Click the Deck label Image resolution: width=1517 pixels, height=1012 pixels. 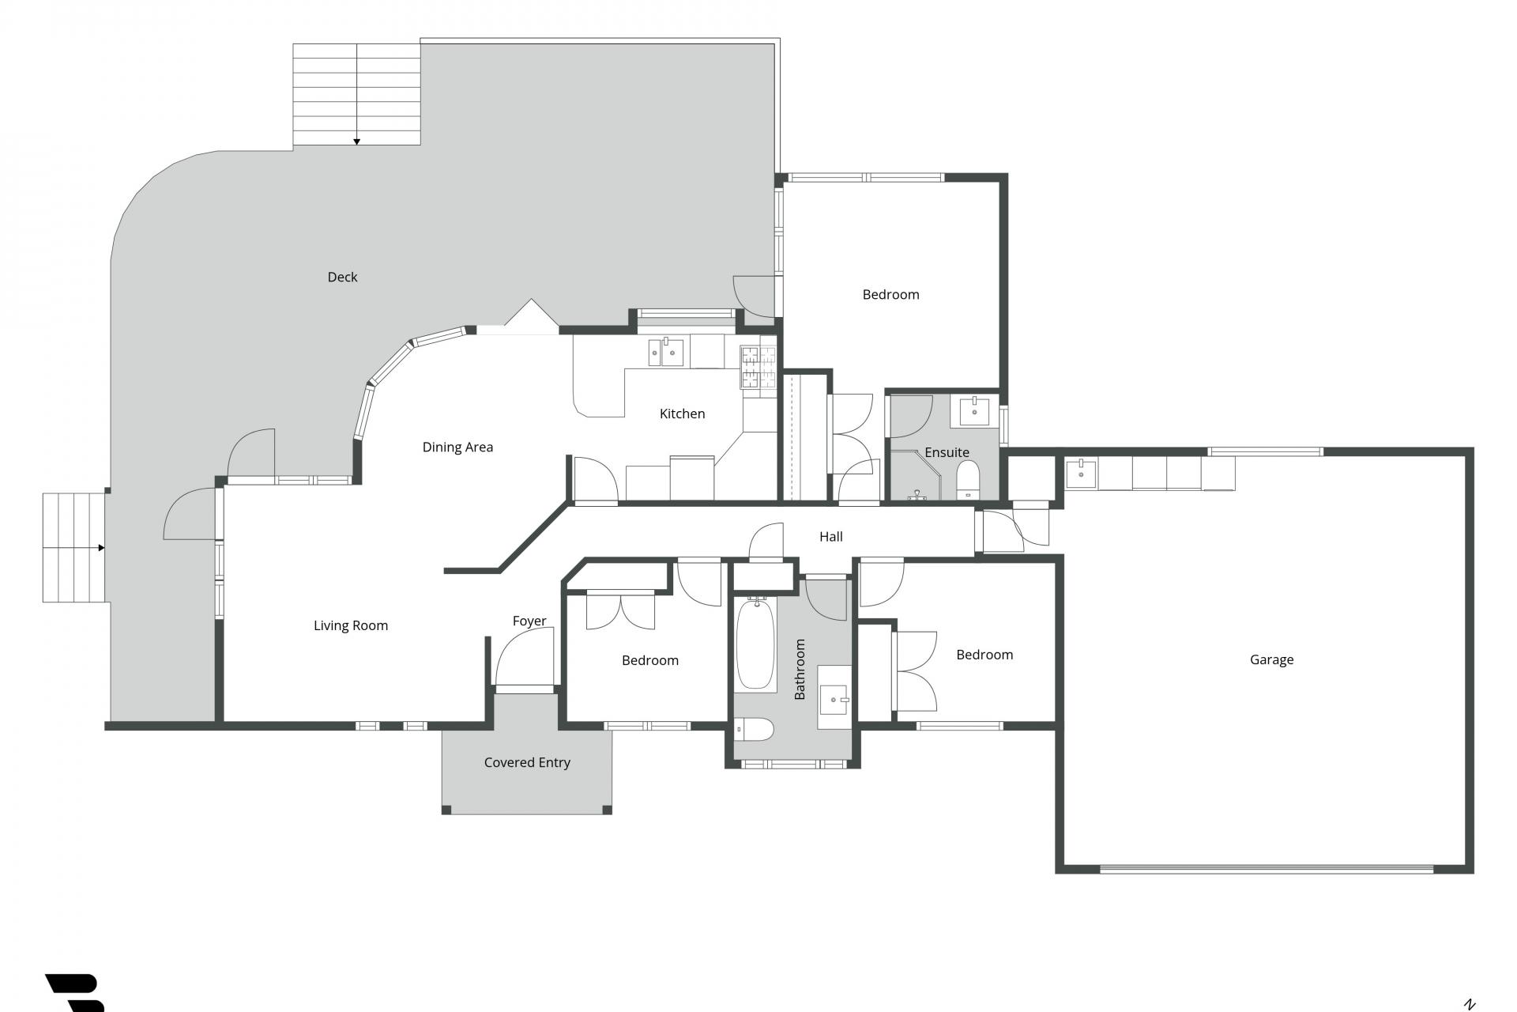(342, 277)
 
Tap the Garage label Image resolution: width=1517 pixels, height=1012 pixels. (1271, 659)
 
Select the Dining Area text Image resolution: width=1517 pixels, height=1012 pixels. (457, 447)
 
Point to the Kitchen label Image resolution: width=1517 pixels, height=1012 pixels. (682, 413)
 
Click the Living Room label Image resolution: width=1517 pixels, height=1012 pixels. (351, 626)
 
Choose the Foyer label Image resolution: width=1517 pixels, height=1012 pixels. (529, 621)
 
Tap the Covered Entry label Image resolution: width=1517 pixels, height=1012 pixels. (527, 762)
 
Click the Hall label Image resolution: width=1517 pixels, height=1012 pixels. (831, 537)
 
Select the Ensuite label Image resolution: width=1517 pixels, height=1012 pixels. (947, 452)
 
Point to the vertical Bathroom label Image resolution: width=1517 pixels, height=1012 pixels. (800, 669)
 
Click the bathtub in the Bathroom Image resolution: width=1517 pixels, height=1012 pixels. (756, 644)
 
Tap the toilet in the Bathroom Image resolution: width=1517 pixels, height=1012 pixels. (753, 729)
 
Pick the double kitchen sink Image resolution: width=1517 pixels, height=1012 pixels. (666, 352)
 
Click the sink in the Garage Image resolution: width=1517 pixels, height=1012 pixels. (1081, 474)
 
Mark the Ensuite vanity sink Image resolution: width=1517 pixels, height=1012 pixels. (975, 411)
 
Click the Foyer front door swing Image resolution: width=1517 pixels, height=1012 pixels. (524, 656)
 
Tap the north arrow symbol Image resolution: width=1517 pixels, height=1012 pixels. (1470, 1004)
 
